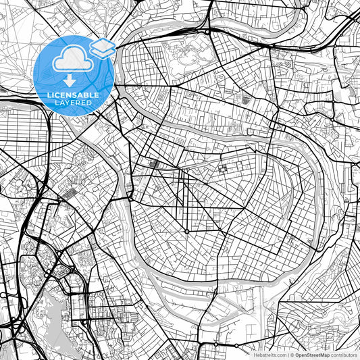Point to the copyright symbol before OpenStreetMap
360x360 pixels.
click(x=292, y=354)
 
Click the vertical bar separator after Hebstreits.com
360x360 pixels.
click(x=287, y=354)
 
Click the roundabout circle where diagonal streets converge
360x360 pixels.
click(x=187, y=232)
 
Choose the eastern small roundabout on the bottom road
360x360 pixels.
click(x=236, y=345)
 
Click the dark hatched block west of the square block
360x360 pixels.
click(x=154, y=163)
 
